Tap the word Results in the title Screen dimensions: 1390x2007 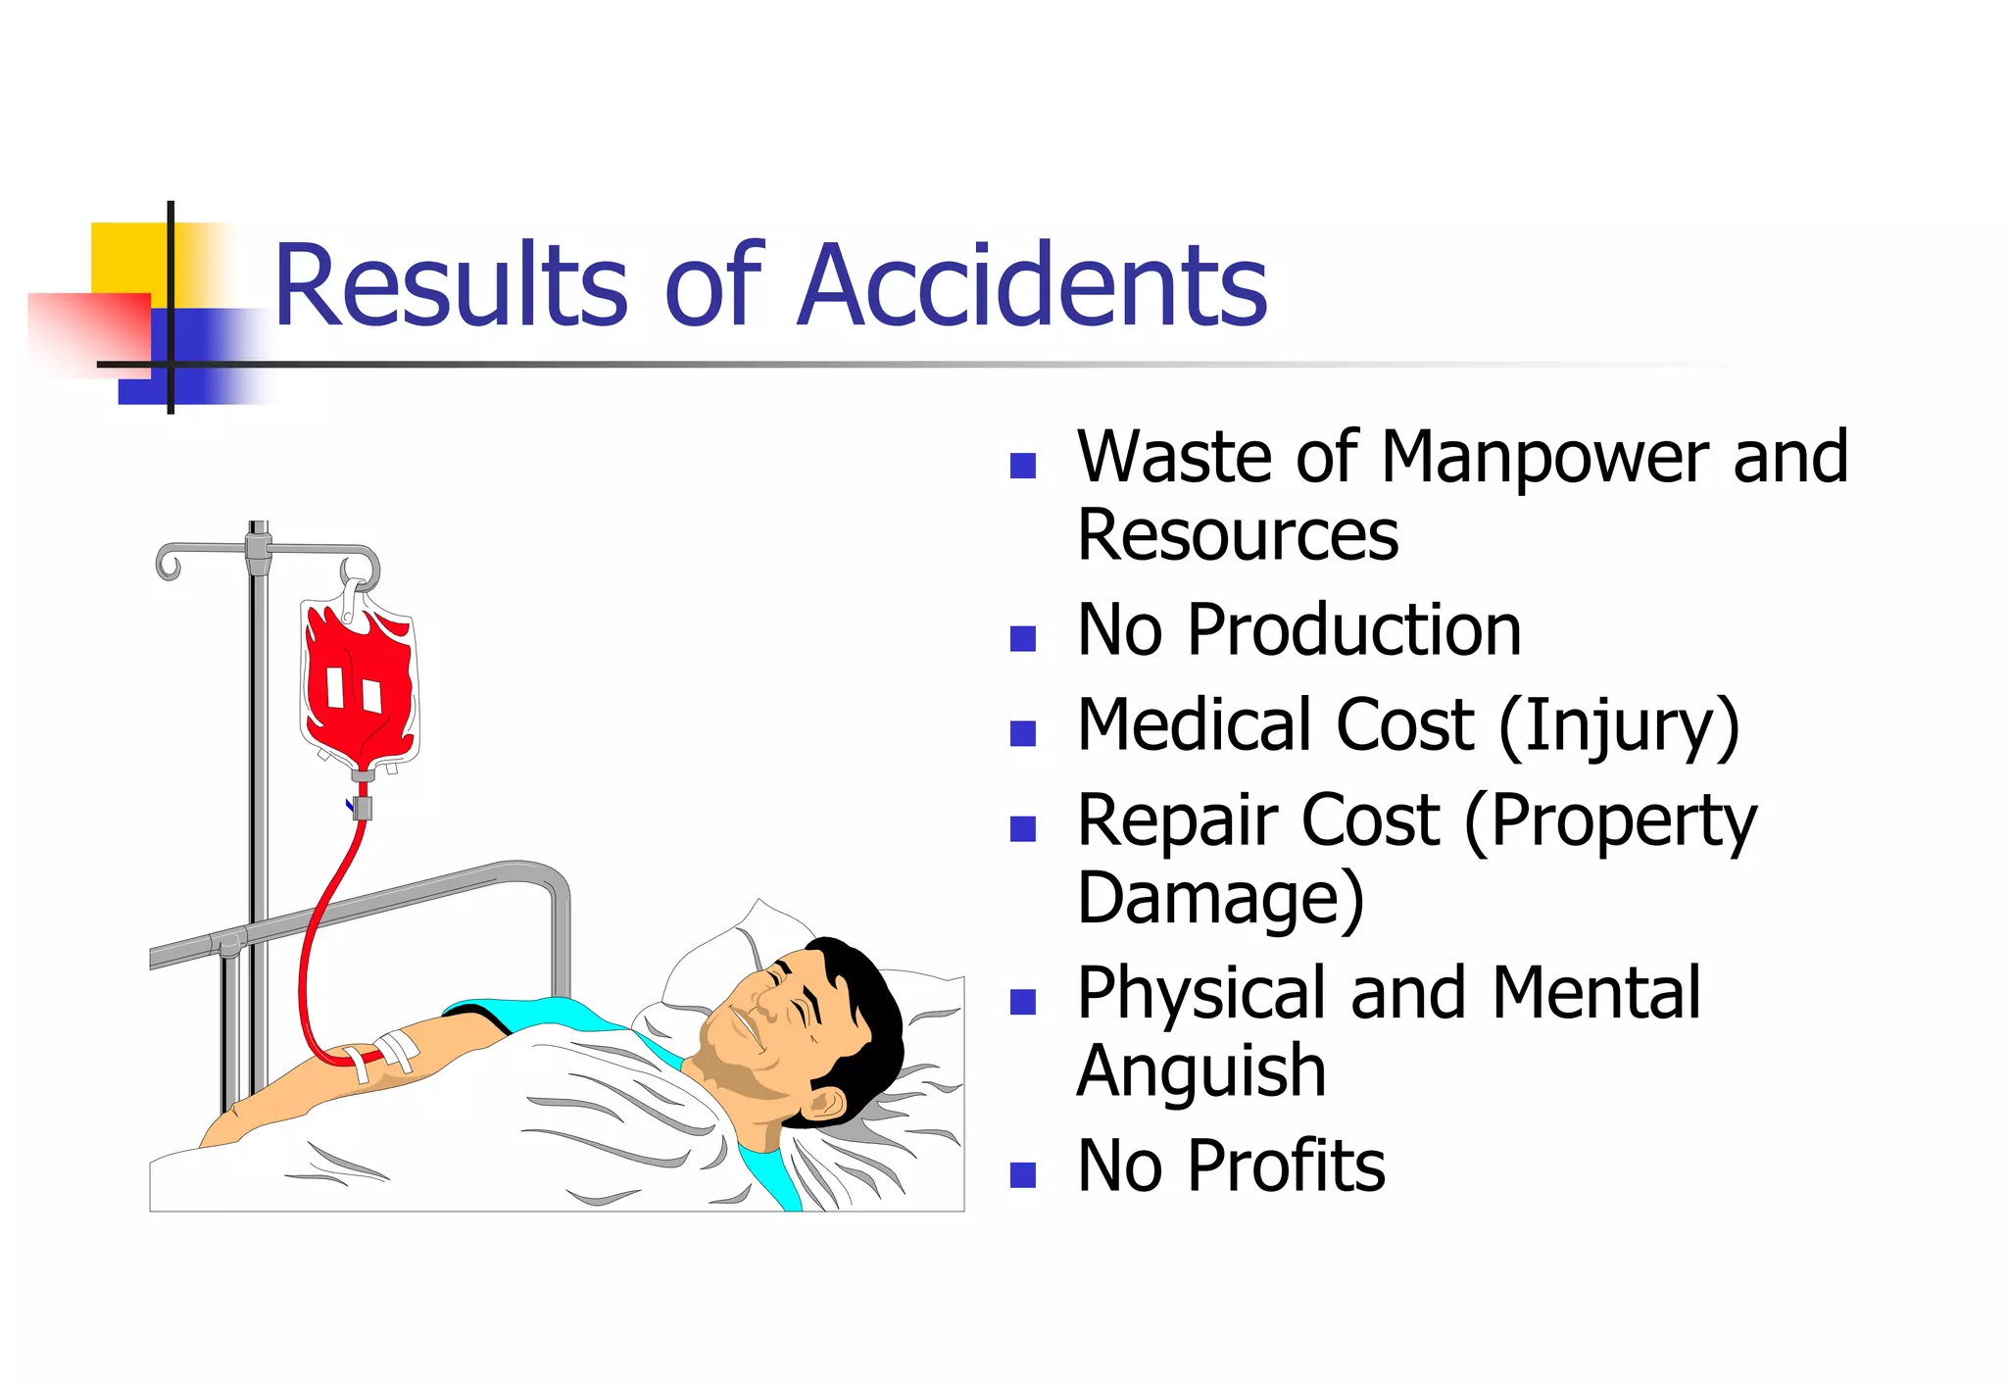[450, 285]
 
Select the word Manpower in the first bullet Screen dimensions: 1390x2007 [1544, 458]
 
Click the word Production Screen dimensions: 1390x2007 [1354, 630]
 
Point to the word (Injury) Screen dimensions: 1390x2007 [1619, 726]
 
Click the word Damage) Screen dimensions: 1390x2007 [1220, 898]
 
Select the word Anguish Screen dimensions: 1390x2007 [1201, 1071]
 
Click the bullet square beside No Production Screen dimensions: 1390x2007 [1022, 639]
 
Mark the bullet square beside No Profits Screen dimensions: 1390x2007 [1022, 1174]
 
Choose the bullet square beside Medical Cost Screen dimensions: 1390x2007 [1022, 734]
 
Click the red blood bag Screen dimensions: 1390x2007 [359, 686]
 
